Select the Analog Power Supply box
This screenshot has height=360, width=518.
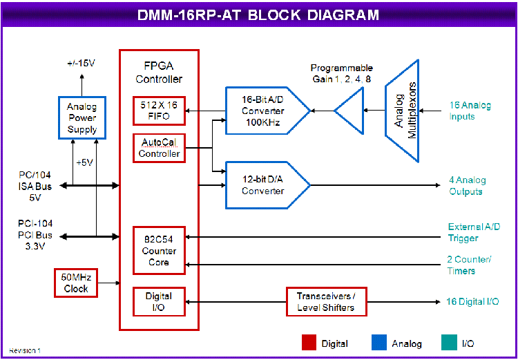point(82,117)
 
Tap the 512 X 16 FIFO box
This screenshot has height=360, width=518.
point(158,110)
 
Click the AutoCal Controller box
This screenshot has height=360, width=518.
point(160,148)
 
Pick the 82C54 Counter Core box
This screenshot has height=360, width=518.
point(160,250)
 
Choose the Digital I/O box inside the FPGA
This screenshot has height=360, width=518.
point(160,301)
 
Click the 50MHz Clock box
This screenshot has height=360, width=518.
point(76,282)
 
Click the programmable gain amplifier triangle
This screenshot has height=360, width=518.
point(349,110)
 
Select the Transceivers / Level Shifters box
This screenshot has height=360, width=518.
point(326,301)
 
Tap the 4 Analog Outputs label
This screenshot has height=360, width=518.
point(468,185)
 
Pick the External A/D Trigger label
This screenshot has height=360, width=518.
point(472,232)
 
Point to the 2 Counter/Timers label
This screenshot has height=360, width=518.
point(470,265)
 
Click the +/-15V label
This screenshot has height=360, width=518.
point(81,63)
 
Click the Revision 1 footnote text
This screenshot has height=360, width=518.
point(25,351)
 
